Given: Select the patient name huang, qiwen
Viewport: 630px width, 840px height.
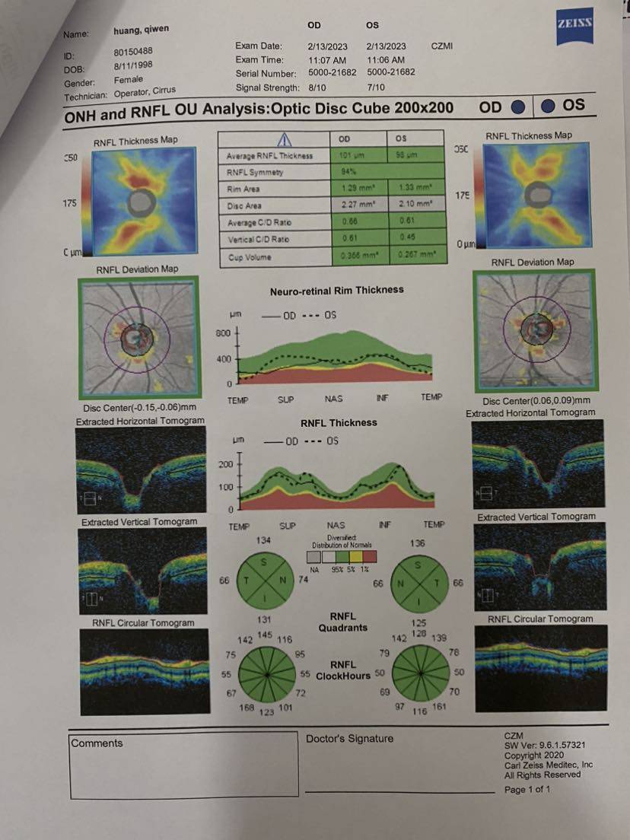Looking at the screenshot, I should (x=141, y=30).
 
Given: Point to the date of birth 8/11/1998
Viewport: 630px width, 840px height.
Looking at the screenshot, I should (x=133, y=65).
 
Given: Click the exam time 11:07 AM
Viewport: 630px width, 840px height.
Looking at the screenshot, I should (x=327, y=60).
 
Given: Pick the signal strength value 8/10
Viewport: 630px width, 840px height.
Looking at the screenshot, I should (x=319, y=87).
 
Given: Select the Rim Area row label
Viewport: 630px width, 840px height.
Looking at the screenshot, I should (x=243, y=189).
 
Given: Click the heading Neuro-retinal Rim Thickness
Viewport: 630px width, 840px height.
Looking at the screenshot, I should (x=336, y=291).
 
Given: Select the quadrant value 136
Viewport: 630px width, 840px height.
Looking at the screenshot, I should (x=416, y=544).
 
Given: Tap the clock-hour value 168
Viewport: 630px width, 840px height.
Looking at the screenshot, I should (x=247, y=709).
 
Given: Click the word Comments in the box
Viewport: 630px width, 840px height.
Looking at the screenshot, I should (x=97, y=743).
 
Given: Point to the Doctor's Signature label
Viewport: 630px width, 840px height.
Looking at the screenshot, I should (x=349, y=739).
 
